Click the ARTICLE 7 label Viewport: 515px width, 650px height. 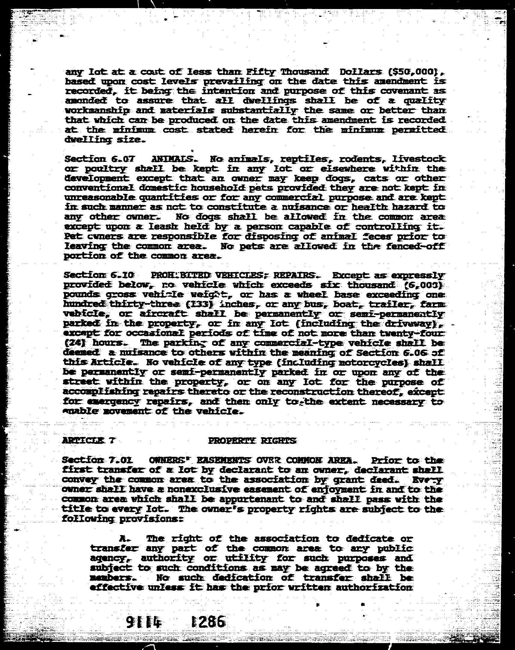click(x=88, y=441)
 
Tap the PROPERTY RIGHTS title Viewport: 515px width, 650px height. click(x=252, y=441)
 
